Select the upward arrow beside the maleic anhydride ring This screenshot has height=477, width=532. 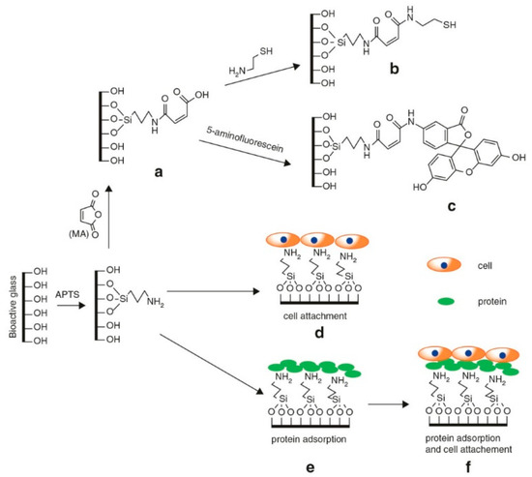click(x=101, y=222)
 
